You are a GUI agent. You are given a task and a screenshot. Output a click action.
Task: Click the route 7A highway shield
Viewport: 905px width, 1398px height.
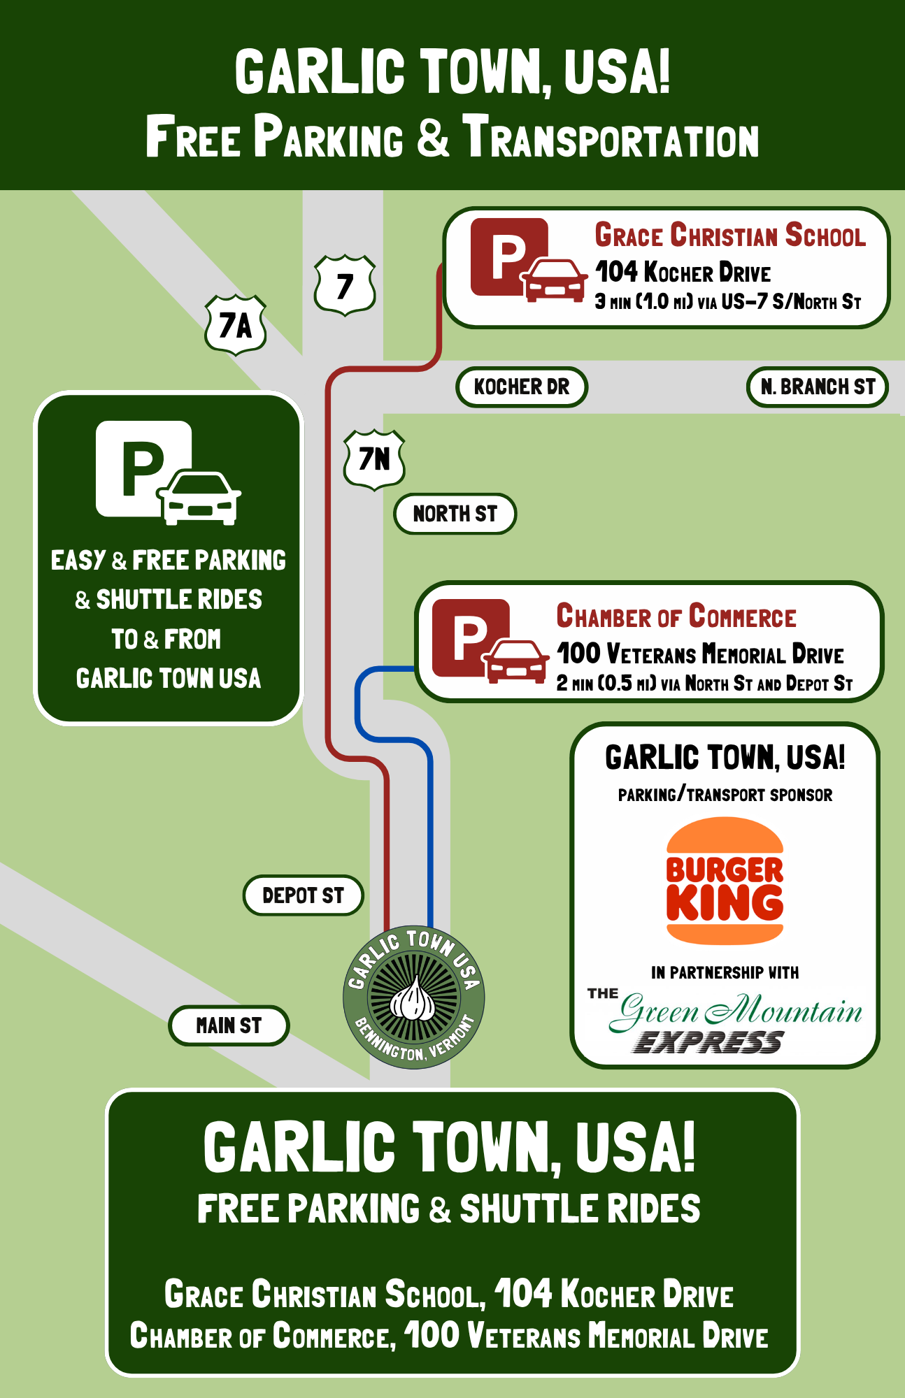(x=236, y=325)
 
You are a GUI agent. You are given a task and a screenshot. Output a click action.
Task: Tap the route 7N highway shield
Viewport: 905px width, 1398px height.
(x=374, y=459)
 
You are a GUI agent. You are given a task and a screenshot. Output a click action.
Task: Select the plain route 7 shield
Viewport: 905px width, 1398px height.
(x=345, y=285)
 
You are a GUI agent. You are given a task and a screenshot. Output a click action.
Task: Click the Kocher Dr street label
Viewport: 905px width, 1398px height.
(x=522, y=387)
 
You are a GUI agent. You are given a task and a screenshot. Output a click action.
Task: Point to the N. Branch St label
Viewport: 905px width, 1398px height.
(x=818, y=387)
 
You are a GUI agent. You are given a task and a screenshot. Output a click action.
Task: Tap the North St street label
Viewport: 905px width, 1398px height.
(x=455, y=514)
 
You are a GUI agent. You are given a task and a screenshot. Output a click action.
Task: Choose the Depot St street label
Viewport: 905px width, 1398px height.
(x=303, y=895)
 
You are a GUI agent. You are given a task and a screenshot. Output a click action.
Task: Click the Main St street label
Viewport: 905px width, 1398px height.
(x=229, y=1025)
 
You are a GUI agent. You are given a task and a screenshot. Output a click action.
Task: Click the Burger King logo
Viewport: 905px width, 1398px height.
(x=725, y=881)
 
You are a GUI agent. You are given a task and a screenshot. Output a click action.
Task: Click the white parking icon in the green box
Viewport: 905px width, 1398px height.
(x=168, y=473)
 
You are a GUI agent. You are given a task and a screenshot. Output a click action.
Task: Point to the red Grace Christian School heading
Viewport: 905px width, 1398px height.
(x=730, y=236)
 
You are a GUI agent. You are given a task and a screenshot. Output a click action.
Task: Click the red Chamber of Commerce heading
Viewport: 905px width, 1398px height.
(x=676, y=617)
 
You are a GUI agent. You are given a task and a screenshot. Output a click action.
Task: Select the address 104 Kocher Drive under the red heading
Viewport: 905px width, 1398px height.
(x=683, y=272)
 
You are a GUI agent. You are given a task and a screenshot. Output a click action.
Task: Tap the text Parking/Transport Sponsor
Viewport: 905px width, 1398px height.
(x=725, y=795)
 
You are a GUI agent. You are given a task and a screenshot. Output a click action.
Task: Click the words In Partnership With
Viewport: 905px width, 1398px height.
(x=725, y=972)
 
